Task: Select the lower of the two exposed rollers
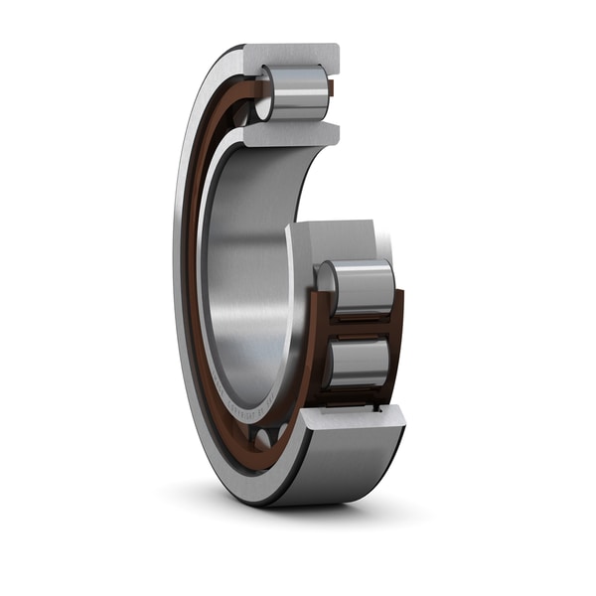[x=363, y=362]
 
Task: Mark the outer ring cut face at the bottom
[x=354, y=418]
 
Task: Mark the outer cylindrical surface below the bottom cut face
[x=338, y=467]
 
